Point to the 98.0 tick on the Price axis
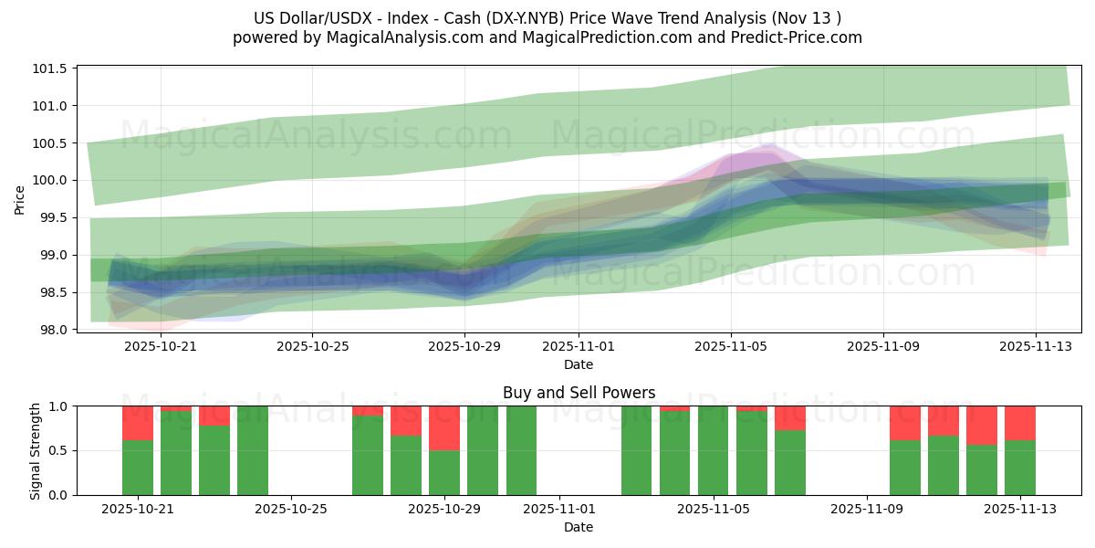tap(52, 330)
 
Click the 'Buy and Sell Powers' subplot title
tap(579, 393)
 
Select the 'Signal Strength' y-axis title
tap(35, 450)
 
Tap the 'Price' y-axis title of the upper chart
tap(20, 198)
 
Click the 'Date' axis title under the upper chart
tap(579, 364)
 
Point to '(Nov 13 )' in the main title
tap(808, 18)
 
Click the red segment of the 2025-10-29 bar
tap(444, 427)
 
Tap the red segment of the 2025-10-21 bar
tap(138, 423)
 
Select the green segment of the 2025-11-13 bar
tap(1020, 468)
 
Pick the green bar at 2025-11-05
tap(714, 450)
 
